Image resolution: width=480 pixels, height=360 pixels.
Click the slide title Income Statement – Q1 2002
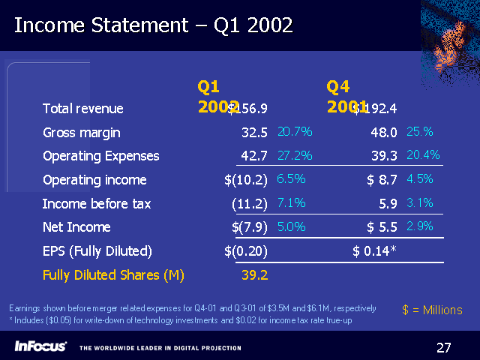[154, 25]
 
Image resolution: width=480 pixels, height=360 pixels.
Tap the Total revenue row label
[82, 109]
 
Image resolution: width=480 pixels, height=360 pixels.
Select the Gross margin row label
[82, 133]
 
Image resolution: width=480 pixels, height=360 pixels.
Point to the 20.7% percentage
[295, 132]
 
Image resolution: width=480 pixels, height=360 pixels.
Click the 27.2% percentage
[295, 155]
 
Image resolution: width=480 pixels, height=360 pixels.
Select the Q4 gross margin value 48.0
[382, 133]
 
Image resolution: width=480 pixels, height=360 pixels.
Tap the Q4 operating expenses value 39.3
[382, 156]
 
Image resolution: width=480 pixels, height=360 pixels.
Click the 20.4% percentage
[423, 155]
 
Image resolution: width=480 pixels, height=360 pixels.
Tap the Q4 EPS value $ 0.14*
[374, 250]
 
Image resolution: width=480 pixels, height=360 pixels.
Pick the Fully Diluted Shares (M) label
[113, 274]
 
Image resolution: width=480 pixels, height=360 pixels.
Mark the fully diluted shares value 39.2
[255, 274]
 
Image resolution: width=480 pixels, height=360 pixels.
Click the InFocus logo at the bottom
[40, 346]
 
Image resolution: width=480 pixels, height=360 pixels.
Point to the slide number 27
[444, 346]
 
